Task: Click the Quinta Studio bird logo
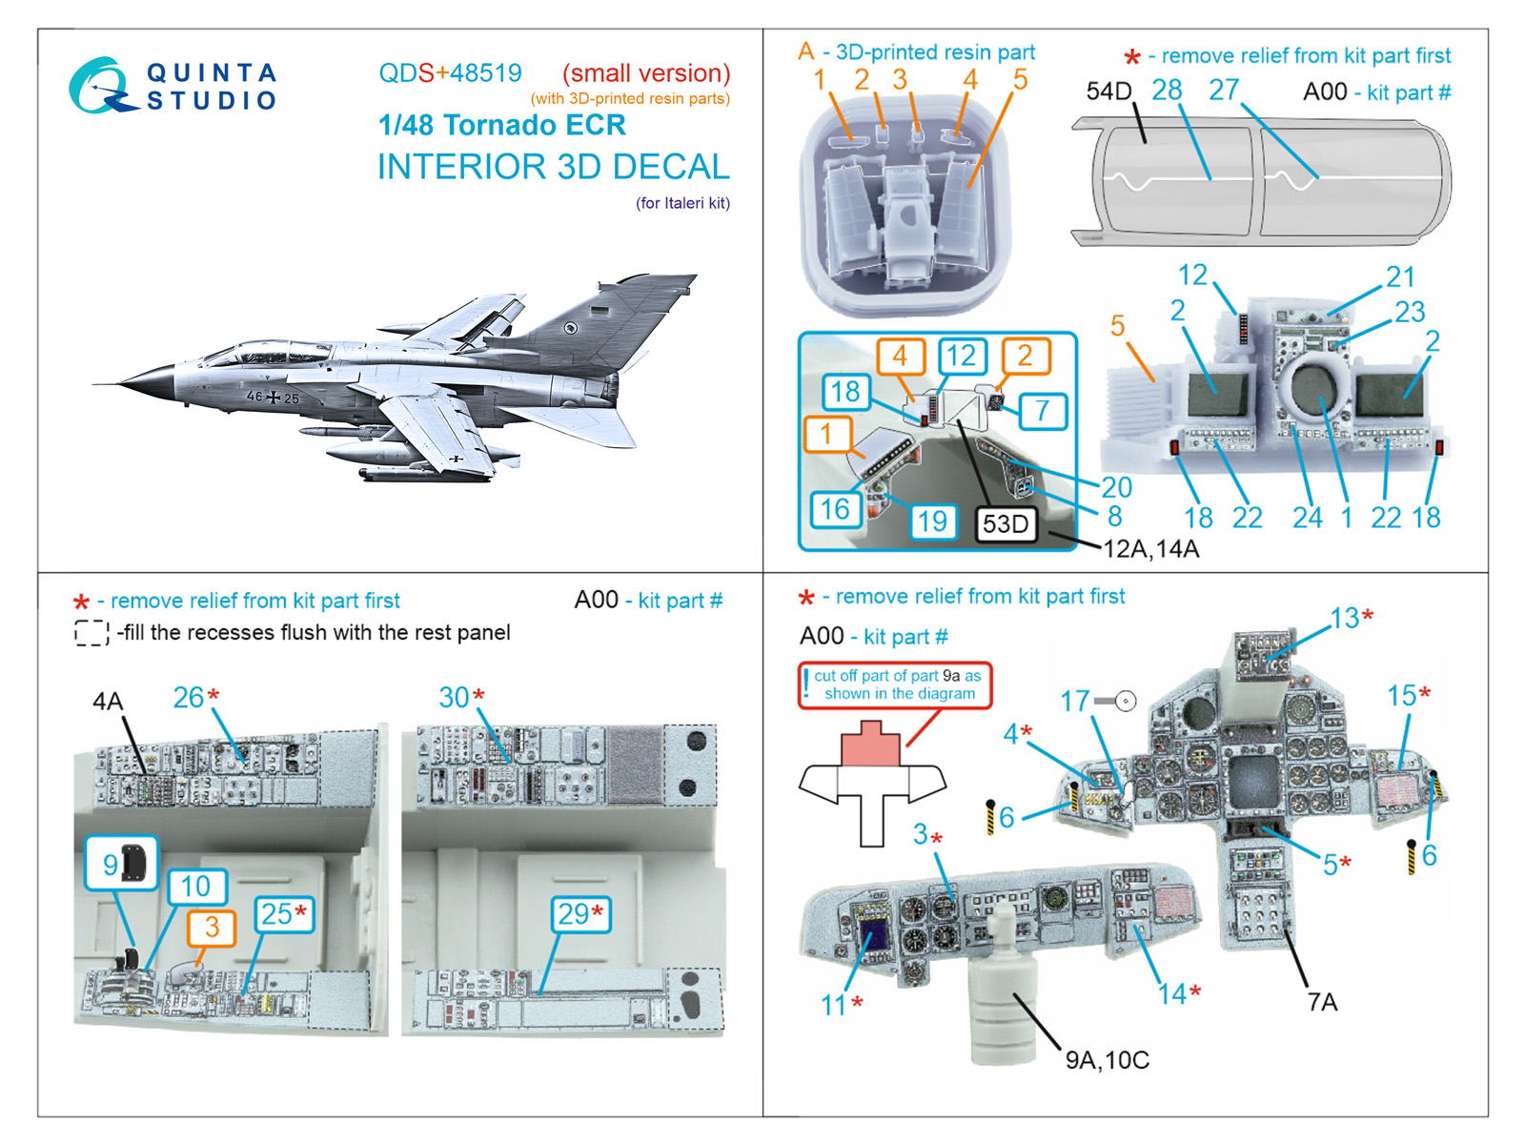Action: (100, 86)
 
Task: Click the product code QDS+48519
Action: (450, 73)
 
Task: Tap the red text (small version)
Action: (646, 73)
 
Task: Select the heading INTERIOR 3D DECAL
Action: (553, 167)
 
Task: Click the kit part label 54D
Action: (1108, 92)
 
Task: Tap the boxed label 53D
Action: (1006, 523)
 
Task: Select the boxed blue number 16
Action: (835, 509)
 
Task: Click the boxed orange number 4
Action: (900, 357)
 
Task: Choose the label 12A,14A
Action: (1150, 549)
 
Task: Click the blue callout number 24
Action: (1307, 518)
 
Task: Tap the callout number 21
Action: (1399, 277)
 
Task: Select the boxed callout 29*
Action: (579, 914)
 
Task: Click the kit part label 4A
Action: (108, 702)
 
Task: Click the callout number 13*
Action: (1351, 618)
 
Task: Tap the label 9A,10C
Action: (1107, 1060)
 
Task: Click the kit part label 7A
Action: (1322, 1002)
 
